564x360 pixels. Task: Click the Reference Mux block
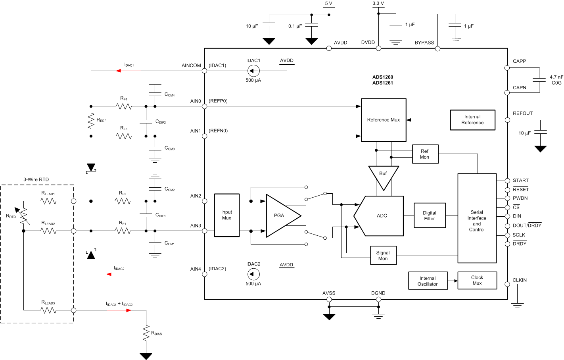(384, 120)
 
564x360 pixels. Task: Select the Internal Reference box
(472, 120)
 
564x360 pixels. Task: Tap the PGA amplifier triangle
(281, 216)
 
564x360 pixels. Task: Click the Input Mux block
(226, 215)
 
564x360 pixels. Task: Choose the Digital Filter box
(429, 216)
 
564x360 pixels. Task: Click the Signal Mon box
(383, 256)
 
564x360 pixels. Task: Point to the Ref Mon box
(424, 154)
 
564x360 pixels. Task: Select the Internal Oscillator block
(428, 281)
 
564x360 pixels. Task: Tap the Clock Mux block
(477, 280)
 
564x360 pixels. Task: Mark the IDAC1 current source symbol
(253, 71)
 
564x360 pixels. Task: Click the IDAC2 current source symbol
(253, 274)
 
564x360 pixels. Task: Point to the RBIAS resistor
(146, 333)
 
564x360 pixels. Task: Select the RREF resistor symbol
(91, 121)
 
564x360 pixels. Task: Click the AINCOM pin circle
(205, 71)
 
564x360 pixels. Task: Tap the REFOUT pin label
(522, 114)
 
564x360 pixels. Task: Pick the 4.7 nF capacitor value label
(556, 77)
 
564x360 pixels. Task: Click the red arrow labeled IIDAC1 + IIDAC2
(128, 310)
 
